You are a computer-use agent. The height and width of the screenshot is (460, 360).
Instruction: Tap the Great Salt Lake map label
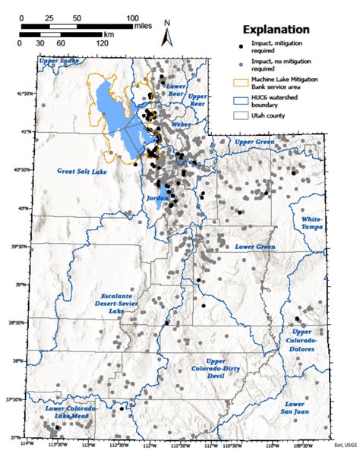tap(85, 172)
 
